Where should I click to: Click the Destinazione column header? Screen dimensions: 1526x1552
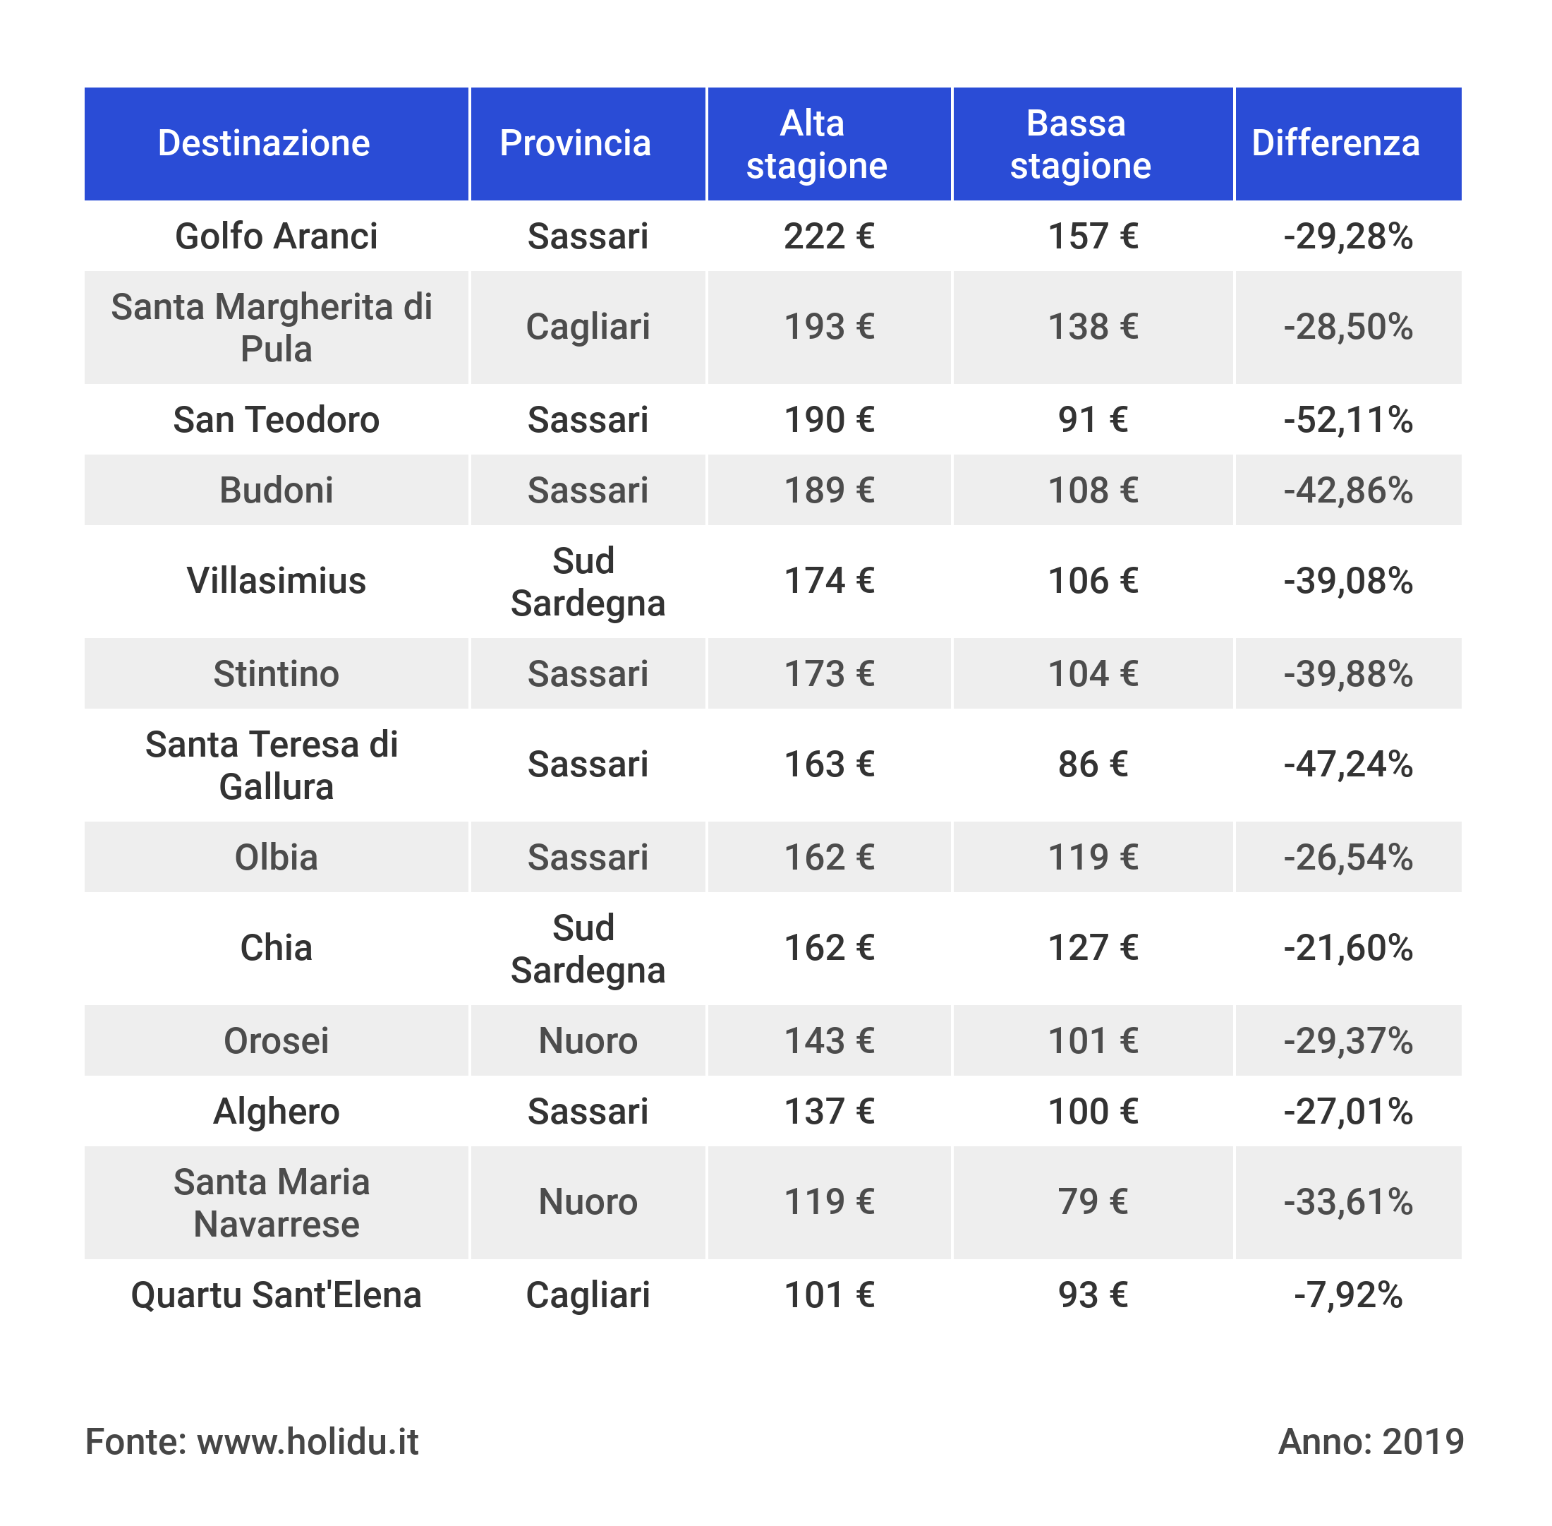(264, 143)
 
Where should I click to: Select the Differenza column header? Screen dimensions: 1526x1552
(1335, 143)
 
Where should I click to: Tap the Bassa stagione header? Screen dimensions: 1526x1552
(1079, 144)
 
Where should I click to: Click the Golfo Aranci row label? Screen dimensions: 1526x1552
(276, 236)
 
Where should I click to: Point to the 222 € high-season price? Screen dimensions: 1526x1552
(828, 236)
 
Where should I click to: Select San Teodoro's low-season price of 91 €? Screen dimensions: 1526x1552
(1092, 420)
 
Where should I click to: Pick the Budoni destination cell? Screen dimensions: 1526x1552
(276, 491)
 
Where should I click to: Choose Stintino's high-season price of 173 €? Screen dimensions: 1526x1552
(828, 674)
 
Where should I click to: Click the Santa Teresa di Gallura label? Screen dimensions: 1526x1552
(272, 765)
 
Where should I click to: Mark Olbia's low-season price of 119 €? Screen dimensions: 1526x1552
(1092, 858)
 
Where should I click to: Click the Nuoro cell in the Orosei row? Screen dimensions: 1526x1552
(588, 1041)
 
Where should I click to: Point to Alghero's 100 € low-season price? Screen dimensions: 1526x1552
(1092, 1112)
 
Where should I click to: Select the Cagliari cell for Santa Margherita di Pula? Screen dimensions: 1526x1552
(588, 327)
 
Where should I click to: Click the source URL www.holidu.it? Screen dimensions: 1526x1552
(308, 1442)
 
